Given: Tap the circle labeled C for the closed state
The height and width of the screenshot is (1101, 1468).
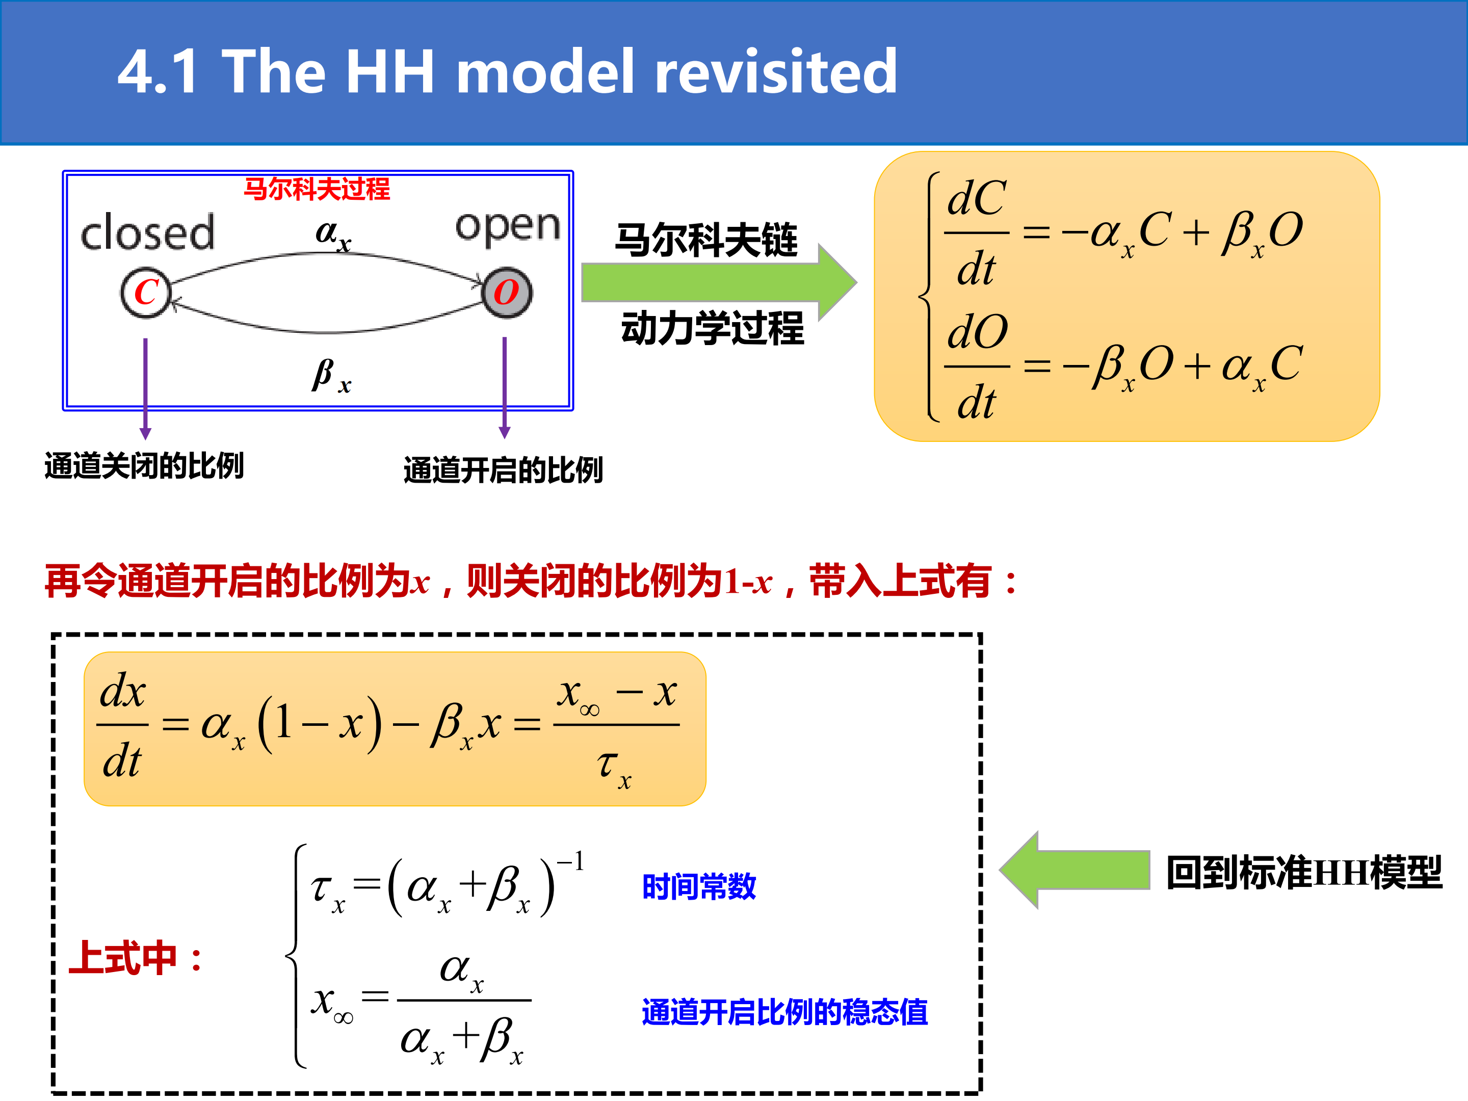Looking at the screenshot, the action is coord(146,293).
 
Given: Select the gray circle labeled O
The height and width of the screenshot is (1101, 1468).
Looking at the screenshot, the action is coord(506,293).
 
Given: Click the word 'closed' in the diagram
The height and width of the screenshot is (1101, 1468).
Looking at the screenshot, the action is coord(147,232).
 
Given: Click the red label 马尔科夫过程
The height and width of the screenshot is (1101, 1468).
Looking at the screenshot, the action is coord(317,189).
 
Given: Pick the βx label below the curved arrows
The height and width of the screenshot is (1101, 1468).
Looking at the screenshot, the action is coord(332,376).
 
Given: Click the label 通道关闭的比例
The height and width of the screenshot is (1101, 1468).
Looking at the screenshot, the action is coord(144,465).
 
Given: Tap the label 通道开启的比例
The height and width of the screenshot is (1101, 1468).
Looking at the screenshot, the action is coord(503,470).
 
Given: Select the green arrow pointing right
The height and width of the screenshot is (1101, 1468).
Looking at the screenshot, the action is coord(719,283).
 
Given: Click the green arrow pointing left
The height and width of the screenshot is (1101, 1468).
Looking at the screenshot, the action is coord(1074,870).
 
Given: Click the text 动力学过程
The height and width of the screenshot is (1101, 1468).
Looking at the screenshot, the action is coord(713,328).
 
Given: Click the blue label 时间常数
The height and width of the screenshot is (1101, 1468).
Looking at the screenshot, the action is coord(699,886).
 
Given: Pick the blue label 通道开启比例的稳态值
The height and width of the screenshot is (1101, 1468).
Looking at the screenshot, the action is coord(784,1012).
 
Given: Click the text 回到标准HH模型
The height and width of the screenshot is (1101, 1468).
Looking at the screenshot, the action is coord(1304,872).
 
